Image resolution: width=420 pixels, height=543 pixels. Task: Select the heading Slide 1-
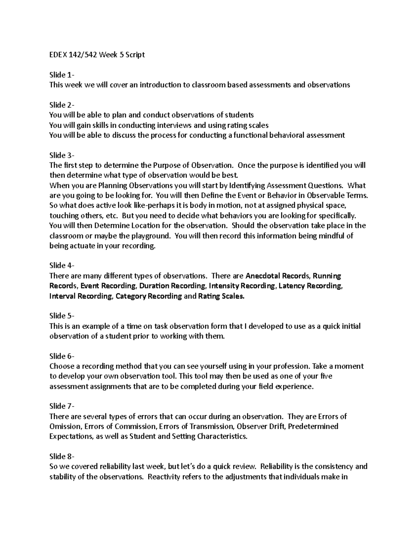[62, 75]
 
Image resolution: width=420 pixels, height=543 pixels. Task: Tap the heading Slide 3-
[62, 155]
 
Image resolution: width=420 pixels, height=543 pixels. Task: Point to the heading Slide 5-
[62, 316]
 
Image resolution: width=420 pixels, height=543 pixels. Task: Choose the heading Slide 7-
[62, 406]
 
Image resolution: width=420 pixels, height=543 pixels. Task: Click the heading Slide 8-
[62, 457]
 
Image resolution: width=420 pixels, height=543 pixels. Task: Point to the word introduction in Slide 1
[160, 85]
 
